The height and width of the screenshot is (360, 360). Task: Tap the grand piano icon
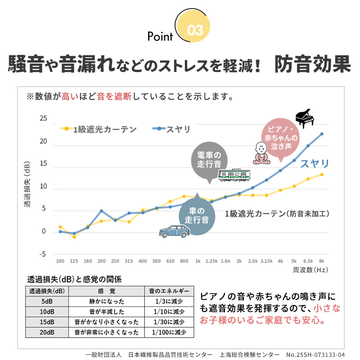[304, 118]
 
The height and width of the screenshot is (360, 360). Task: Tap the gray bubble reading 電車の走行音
[209, 159]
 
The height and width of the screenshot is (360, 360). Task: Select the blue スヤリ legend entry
[171, 129]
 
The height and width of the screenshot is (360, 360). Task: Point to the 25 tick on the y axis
[43, 118]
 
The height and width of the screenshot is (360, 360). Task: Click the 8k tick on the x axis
[321, 261]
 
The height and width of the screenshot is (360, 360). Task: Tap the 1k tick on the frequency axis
[198, 261]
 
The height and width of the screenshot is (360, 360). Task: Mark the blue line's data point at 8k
[321, 134]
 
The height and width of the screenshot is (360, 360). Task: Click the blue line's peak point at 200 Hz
[101, 211]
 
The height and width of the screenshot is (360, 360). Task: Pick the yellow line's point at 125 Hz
[74, 237]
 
